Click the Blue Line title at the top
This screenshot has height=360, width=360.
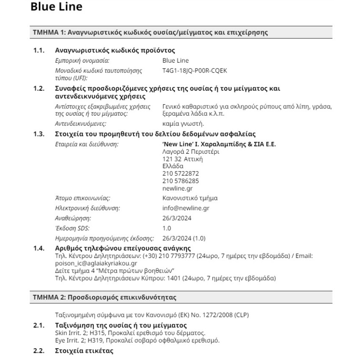click(x=56, y=7)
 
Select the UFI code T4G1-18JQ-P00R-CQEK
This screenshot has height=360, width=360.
click(x=194, y=71)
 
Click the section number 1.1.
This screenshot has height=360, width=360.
click(x=39, y=51)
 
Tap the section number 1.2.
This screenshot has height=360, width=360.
click(x=39, y=89)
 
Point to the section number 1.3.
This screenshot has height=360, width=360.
click(x=39, y=134)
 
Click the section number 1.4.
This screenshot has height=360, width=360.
click(x=39, y=248)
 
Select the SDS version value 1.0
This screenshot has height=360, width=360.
click(x=167, y=228)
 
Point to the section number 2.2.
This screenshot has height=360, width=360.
click(x=39, y=352)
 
